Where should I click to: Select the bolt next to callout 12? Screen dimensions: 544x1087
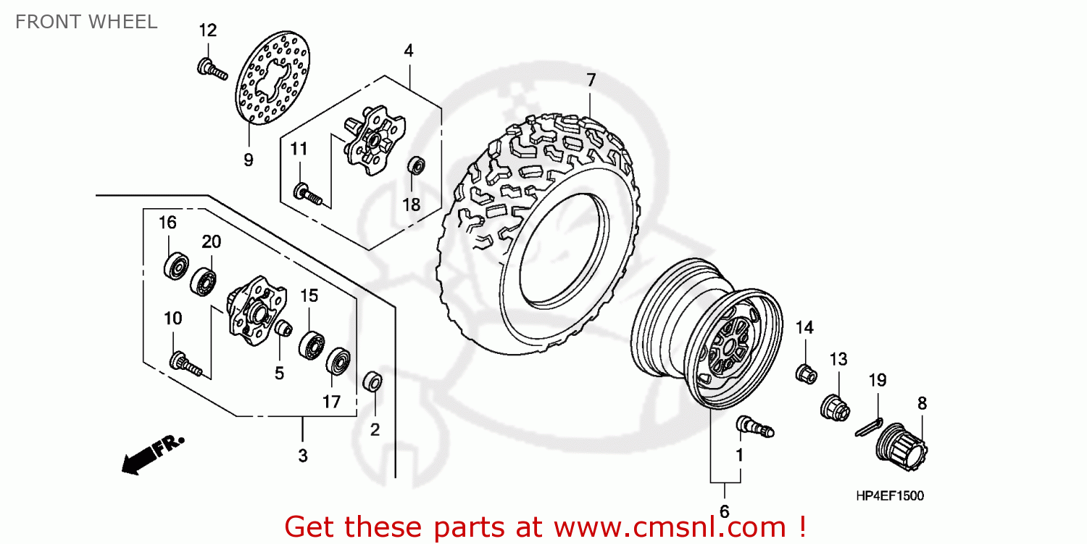click(211, 69)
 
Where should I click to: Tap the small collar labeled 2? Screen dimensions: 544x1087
click(373, 381)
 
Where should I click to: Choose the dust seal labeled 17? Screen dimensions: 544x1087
click(338, 362)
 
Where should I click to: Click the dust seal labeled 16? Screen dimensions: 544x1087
click(175, 266)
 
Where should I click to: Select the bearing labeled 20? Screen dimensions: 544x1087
click(204, 281)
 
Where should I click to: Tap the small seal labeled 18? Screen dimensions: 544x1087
click(416, 165)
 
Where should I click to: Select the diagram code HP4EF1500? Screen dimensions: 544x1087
click(889, 496)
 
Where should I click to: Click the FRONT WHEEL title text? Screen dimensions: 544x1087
click(86, 22)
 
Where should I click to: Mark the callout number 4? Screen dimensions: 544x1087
click(409, 51)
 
